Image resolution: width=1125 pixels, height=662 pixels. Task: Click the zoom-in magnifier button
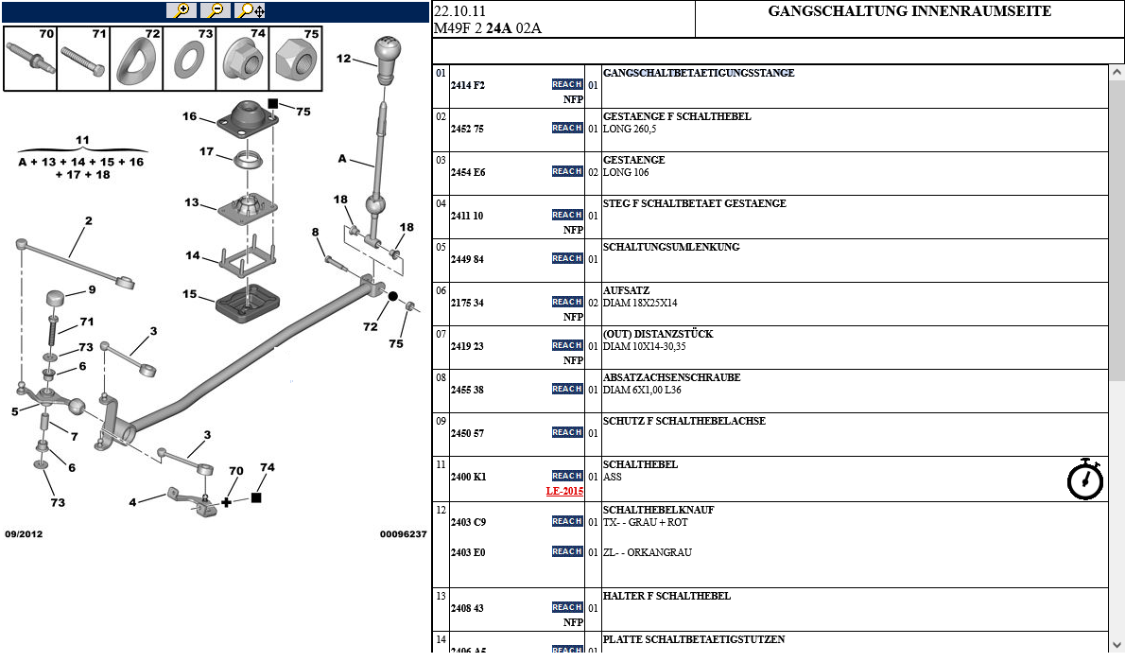181,10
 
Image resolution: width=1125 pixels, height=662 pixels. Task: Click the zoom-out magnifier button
216,10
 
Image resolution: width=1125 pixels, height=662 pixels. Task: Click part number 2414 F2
467,85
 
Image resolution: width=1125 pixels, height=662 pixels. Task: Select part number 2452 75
467,129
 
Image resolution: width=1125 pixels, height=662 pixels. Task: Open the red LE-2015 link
564,492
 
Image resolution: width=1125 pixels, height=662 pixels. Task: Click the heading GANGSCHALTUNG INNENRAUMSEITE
909,12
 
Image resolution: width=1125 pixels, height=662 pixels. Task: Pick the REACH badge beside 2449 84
567,258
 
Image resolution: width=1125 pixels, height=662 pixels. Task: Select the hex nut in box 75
296,62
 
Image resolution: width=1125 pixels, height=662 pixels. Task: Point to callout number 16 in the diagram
190,116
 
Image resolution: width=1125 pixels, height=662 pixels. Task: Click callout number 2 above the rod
88,221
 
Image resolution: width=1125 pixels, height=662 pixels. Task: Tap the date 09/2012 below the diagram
24,533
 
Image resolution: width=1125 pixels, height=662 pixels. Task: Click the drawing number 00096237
403,533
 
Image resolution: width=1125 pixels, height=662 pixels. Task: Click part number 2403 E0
467,552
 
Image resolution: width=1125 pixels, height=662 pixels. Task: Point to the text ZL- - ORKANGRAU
648,552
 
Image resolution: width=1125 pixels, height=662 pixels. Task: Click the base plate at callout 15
248,303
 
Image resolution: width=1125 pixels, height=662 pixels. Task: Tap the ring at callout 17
247,159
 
